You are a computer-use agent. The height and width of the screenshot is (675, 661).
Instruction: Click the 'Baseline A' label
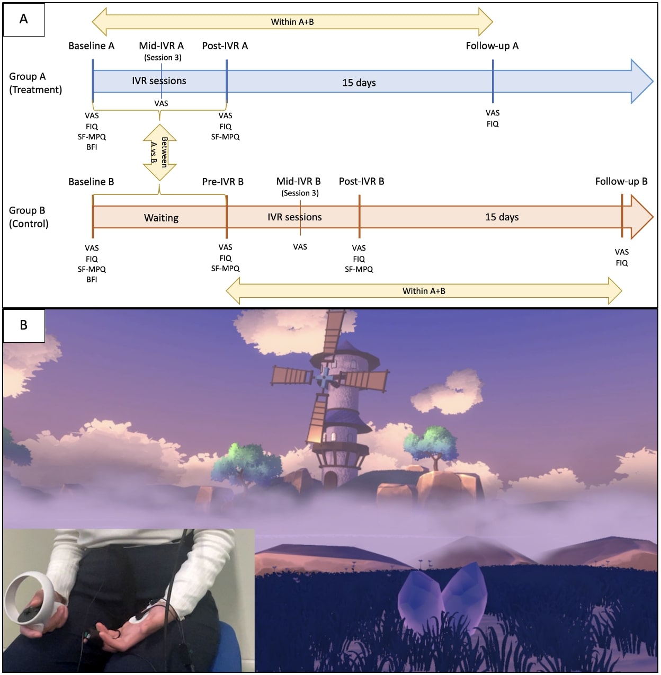(91, 46)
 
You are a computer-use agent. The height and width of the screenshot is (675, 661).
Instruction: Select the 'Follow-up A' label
(492, 46)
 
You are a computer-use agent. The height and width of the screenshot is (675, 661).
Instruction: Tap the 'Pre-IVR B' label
(222, 182)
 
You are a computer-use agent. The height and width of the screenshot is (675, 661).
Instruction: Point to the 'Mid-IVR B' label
(298, 182)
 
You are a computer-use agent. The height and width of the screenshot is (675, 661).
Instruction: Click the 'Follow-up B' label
(621, 182)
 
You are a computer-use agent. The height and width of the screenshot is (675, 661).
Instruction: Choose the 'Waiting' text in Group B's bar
(161, 218)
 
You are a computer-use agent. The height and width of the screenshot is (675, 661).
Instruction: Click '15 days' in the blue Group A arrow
(359, 83)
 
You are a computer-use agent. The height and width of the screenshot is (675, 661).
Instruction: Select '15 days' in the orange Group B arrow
(502, 217)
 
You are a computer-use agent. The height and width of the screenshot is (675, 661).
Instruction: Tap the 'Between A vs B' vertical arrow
(159, 153)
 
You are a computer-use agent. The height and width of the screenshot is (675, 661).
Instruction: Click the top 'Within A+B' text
(292, 22)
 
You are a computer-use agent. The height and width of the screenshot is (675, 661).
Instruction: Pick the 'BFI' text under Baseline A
(92, 147)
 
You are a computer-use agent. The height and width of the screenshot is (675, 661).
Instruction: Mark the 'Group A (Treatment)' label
(35, 83)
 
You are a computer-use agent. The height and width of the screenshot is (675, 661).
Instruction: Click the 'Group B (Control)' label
(29, 217)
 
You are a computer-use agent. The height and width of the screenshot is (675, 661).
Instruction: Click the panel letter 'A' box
(24, 20)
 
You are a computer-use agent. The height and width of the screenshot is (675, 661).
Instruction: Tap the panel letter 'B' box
(24, 325)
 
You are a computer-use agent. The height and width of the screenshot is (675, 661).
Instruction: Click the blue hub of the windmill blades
(324, 378)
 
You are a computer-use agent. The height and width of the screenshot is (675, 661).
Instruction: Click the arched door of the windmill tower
(330, 479)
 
